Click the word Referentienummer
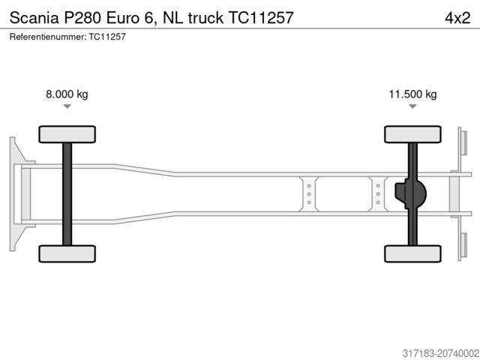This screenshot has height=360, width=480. [46, 36]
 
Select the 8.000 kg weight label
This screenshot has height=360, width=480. [67, 94]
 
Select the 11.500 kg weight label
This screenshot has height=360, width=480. [412, 94]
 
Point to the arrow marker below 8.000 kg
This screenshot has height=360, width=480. [67, 107]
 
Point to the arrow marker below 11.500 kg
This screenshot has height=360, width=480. [412, 107]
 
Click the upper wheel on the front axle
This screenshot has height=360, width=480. [67, 134]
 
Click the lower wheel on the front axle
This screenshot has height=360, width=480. [67, 253]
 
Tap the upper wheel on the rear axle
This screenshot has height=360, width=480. [412, 134]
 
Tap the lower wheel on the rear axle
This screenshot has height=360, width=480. [412, 253]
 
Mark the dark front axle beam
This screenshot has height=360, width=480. [67, 193]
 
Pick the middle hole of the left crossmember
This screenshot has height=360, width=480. [308, 193]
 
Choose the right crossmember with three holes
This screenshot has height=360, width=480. [378, 193]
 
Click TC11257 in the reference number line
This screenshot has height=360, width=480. [107, 36]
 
